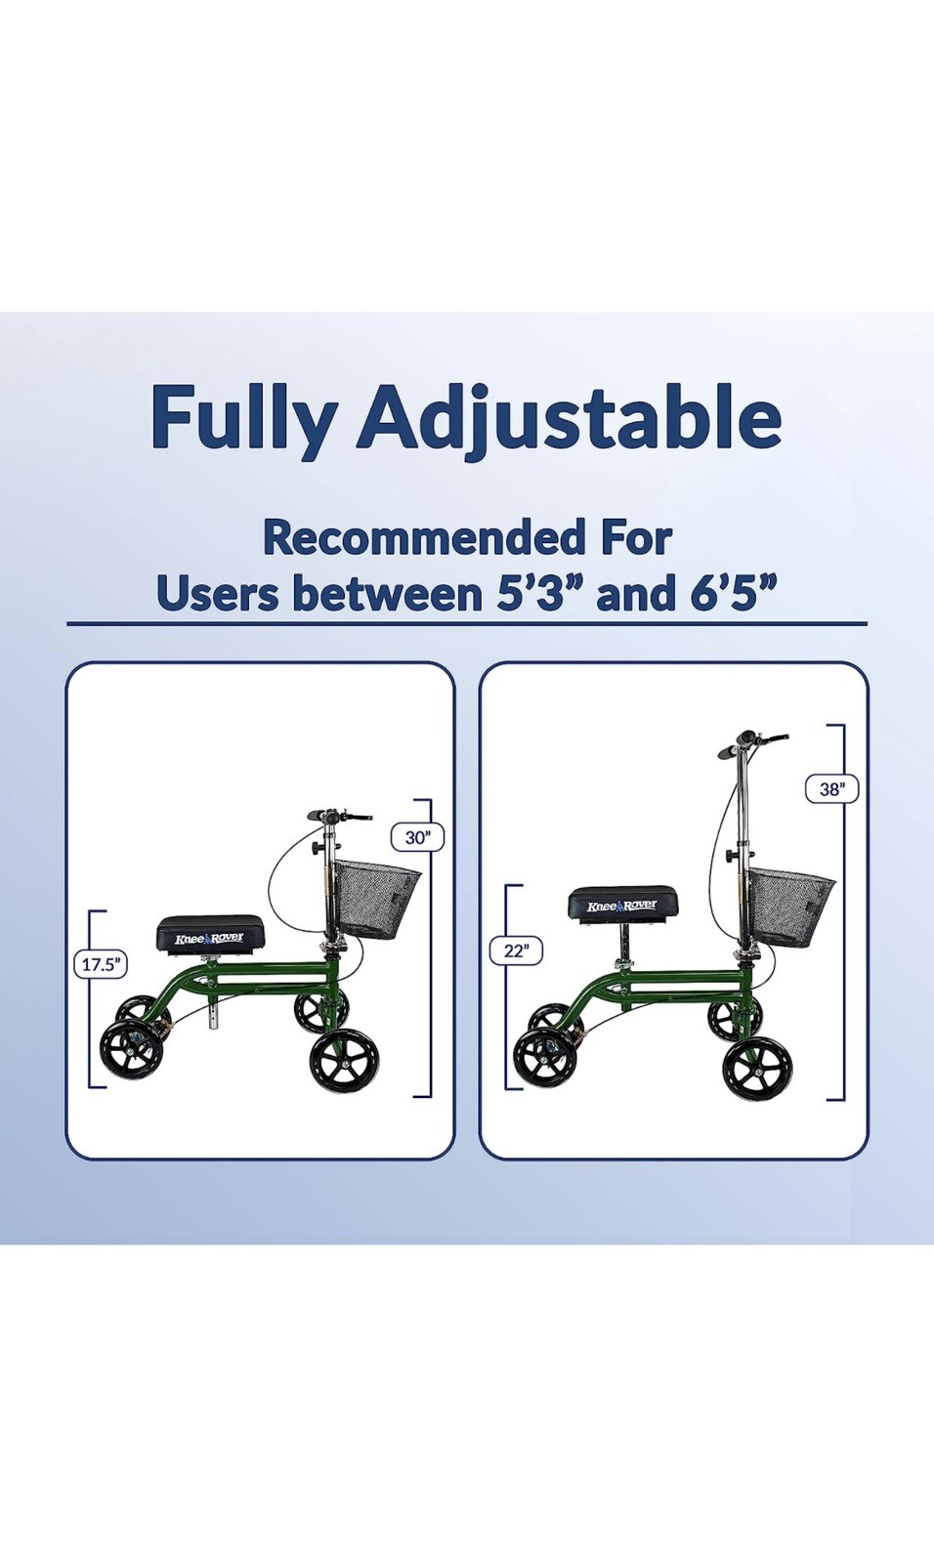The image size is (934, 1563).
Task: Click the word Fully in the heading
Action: pos(243,417)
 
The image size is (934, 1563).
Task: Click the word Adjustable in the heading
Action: pos(569,417)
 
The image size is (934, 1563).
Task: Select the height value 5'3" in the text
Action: pos(531,593)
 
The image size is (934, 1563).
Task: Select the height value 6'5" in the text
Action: pos(733,593)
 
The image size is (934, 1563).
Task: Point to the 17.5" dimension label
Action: pos(101,964)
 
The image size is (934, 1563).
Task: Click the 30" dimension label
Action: pos(417,837)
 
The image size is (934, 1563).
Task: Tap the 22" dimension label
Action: pos(516,950)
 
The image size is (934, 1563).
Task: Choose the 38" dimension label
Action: pos(831,788)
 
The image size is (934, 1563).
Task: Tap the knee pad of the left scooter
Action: pos(210,934)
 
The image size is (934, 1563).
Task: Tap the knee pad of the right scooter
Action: pos(623,903)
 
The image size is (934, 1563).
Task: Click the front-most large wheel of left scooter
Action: pos(344,1061)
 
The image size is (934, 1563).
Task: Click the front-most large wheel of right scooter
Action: pos(757,1070)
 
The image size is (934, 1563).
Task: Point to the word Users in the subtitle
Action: pos(216,593)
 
